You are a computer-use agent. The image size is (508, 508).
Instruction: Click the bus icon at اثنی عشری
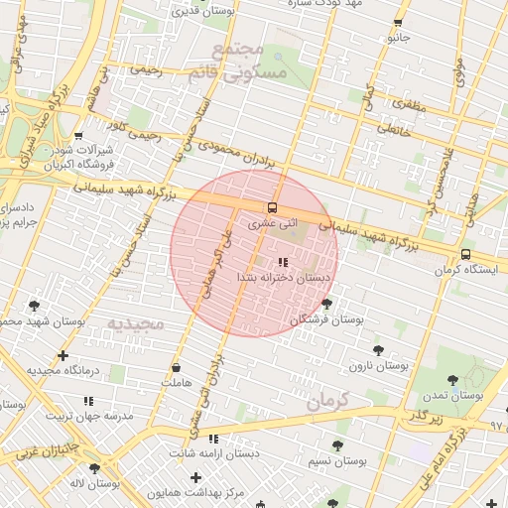tap(271, 207)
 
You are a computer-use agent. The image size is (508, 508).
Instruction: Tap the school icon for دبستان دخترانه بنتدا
tap(283, 262)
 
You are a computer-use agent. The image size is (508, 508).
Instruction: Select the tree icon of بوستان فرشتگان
tap(327, 304)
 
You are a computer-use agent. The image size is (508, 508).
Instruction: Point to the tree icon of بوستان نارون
tap(378, 349)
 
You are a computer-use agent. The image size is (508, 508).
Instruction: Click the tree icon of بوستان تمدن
tap(452, 378)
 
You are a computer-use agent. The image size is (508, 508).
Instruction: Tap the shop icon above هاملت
tap(176, 366)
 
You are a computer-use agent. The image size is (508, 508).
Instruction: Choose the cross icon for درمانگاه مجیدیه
tap(63, 354)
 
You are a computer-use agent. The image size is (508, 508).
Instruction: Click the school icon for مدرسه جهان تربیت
tap(88, 401)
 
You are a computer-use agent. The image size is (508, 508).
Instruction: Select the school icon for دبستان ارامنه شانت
tap(213, 439)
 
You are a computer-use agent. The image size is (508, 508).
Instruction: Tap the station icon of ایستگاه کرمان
tap(465, 254)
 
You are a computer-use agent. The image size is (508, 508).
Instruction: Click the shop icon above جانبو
tap(398, 22)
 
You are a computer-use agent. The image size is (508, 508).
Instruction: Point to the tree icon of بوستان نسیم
tap(337, 445)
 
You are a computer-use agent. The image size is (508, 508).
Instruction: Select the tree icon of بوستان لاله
tap(94, 468)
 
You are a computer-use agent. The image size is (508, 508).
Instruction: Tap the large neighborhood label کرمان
tap(330, 402)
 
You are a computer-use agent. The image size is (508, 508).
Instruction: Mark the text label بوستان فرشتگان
tap(327, 320)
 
